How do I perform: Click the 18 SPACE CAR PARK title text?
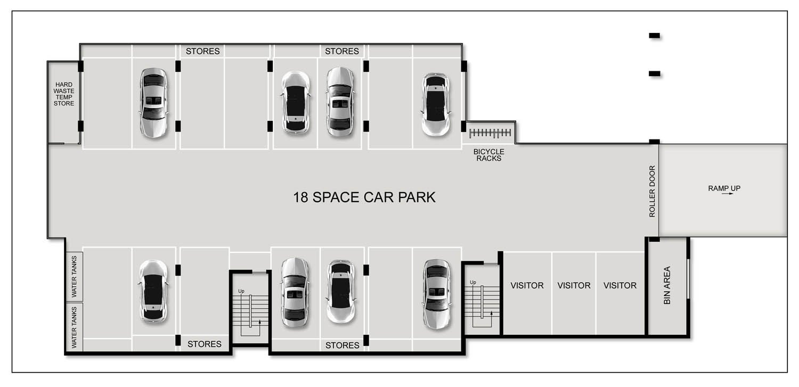(x=364, y=197)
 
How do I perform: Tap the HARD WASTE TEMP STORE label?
(x=64, y=94)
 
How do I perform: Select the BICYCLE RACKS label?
(x=488, y=155)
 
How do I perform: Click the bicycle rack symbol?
(x=490, y=133)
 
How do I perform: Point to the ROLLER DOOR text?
(x=652, y=191)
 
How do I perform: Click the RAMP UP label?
(x=724, y=188)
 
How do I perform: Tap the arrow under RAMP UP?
(x=727, y=194)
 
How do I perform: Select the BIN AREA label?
(x=667, y=285)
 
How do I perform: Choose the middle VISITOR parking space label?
(x=574, y=285)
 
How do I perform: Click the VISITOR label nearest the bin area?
(x=620, y=285)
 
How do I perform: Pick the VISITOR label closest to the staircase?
(x=527, y=285)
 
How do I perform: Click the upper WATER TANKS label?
(x=74, y=276)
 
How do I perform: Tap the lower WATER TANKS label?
(x=74, y=327)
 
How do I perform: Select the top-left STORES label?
(x=202, y=51)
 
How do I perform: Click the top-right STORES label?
(x=342, y=51)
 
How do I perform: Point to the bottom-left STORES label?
(x=205, y=344)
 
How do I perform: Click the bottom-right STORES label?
(x=342, y=345)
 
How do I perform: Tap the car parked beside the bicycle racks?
(x=436, y=104)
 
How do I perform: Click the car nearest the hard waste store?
(x=153, y=103)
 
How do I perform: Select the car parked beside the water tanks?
(x=153, y=292)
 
